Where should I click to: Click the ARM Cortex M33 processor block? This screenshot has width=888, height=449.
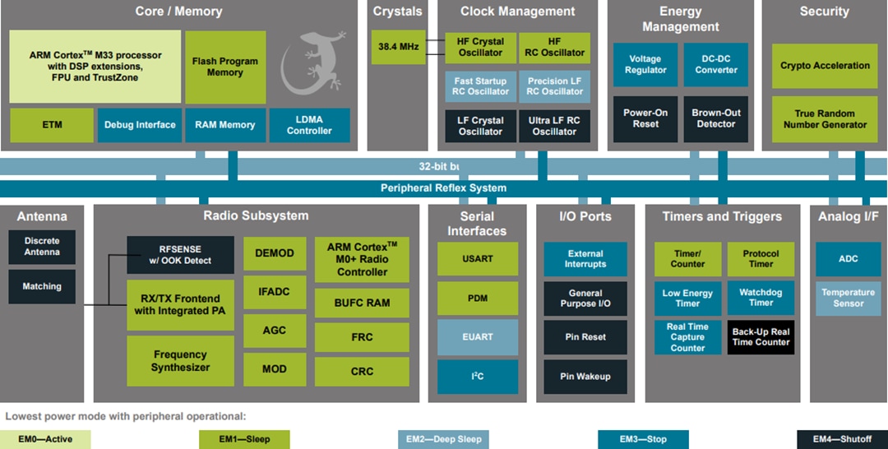95,67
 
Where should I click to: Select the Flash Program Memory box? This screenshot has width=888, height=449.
225,67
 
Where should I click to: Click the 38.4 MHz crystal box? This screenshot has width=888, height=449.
398,47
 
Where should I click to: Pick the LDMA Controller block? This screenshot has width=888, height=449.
309,125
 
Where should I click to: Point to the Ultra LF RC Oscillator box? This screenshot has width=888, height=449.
554,126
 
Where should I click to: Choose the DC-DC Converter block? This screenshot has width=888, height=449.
715,65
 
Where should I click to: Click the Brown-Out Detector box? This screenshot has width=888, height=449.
715,118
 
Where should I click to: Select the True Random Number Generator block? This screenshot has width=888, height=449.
825,119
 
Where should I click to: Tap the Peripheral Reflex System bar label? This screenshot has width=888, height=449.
443,188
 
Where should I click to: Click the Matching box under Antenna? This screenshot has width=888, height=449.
42,286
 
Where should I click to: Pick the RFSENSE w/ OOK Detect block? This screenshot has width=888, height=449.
179,255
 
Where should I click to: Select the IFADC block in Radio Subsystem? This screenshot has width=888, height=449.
274,292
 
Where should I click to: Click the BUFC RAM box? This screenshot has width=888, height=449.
362,303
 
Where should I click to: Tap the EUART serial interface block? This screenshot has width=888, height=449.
478,337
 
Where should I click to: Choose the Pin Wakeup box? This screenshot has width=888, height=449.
585,377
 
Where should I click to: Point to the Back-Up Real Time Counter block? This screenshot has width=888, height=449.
761,337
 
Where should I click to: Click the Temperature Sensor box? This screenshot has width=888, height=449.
848,298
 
